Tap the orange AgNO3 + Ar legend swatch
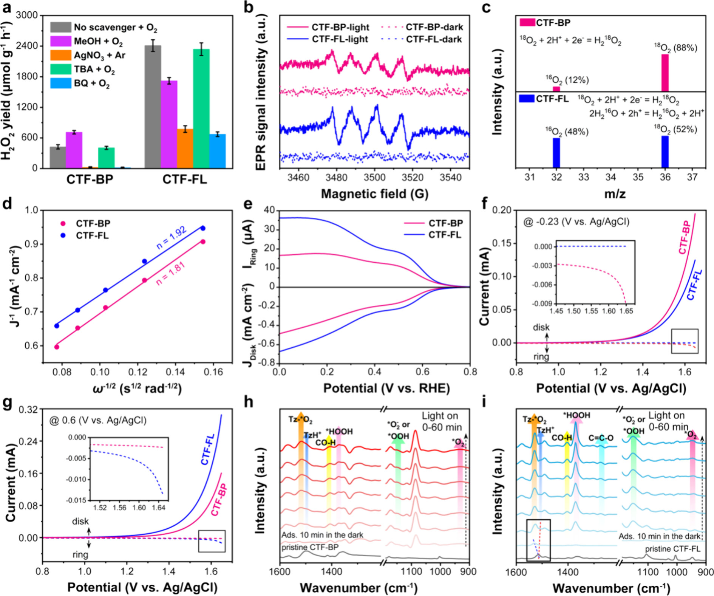[x=60, y=55]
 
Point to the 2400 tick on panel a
[x=30, y=46]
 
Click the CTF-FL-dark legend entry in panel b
[x=434, y=39]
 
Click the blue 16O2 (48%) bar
[x=556, y=153]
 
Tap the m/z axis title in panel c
[x=615, y=194]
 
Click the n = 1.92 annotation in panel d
[x=171, y=238]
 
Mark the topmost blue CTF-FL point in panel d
[x=203, y=228]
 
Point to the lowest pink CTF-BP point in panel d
[x=57, y=347]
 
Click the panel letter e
[x=248, y=204]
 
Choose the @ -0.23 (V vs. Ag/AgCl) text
[x=576, y=221]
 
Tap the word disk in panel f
[x=541, y=327]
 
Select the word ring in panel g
[x=80, y=554]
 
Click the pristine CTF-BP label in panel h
[x=310, y=547]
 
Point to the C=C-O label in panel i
[x=601, y=438]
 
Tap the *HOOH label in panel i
[x=576, y=415]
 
